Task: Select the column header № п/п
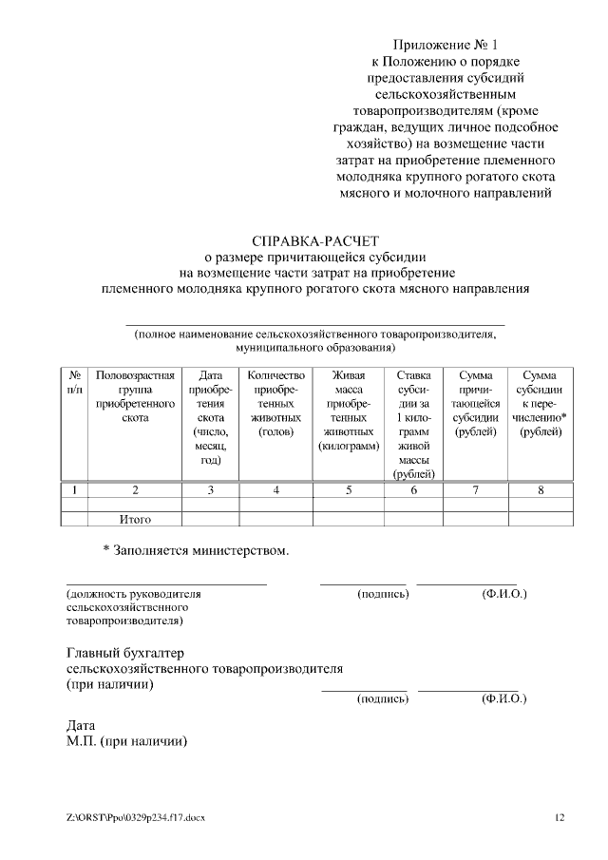[74, 383]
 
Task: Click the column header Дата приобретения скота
[210, 417]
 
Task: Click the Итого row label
[135, 519]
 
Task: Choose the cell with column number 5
[349, 490]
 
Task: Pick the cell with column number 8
[541, 490]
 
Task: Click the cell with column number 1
[74, 490]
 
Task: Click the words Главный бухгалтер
[123, 654]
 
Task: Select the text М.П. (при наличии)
[126, 742]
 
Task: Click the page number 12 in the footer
[560, 817]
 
